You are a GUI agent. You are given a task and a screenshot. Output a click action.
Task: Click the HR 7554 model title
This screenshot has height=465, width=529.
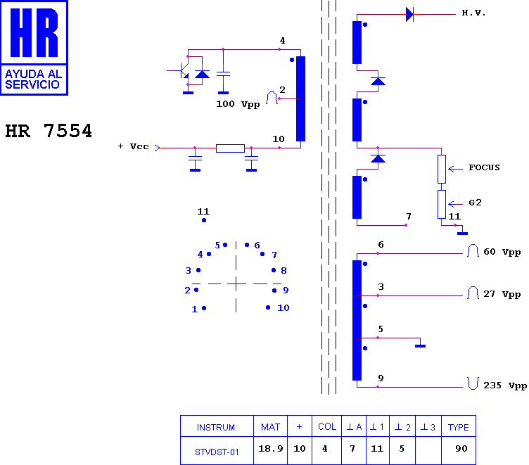pyautogui.click(x=49, y=131)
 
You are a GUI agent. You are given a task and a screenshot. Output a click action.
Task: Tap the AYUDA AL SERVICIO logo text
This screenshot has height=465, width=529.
pyautogui.click(x=33, y=79)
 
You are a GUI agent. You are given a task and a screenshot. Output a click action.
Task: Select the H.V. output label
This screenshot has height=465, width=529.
pyautogui.click(x=473, y=13)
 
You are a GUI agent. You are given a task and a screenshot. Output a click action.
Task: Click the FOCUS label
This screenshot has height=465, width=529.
pyautogui.click(x=484, y=167)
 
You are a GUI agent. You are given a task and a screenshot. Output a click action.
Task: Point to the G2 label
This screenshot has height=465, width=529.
pyautogui.click(x=475, y=203)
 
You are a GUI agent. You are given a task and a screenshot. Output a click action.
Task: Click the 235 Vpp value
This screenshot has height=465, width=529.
pyautogui.click(x=505, y=386)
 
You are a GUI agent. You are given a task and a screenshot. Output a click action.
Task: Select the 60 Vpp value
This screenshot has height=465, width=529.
pyautogui.click(x=502, y=252)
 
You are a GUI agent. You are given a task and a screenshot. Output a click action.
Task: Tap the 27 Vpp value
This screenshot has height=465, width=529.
pyautogui.click(x=502, y=294)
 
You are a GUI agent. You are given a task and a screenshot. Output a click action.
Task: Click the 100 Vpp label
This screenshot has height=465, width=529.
pyautogui.click(x=238, y=104)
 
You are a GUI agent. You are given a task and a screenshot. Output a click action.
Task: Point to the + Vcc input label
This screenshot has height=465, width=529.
pyautogui.click(x=133, y=146)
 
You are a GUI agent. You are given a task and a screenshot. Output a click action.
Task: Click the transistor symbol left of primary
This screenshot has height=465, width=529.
pyautogui.click(x=182, y=70)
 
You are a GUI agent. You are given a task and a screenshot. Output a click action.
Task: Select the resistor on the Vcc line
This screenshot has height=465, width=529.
pyautogui.click(x=230, y=148)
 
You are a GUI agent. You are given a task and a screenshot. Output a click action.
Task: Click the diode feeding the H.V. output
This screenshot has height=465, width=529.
pyautogui.click(x=409, y=15)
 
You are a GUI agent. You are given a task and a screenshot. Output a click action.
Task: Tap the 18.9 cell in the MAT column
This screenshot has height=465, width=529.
pyautogui.click(x=271, y=448)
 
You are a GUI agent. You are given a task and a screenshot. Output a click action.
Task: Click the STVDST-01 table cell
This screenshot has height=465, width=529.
pyautogui.click(x=217, y=452)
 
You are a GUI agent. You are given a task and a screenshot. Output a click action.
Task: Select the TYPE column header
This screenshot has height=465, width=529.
pyautogui.click(x=458, y=427)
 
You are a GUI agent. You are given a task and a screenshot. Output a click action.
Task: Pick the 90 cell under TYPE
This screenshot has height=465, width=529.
pyautogui.click(x=461, y=448)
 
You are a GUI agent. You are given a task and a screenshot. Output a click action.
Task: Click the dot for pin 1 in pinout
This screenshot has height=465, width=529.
pyautogui.click(x=204, y=308)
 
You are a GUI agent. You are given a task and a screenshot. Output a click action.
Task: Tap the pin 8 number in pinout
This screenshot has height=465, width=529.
pyautogui.click(x=283, y=271)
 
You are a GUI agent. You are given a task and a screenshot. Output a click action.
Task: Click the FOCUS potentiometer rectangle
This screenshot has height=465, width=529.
pyautogui.click(x=442, y=169)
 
